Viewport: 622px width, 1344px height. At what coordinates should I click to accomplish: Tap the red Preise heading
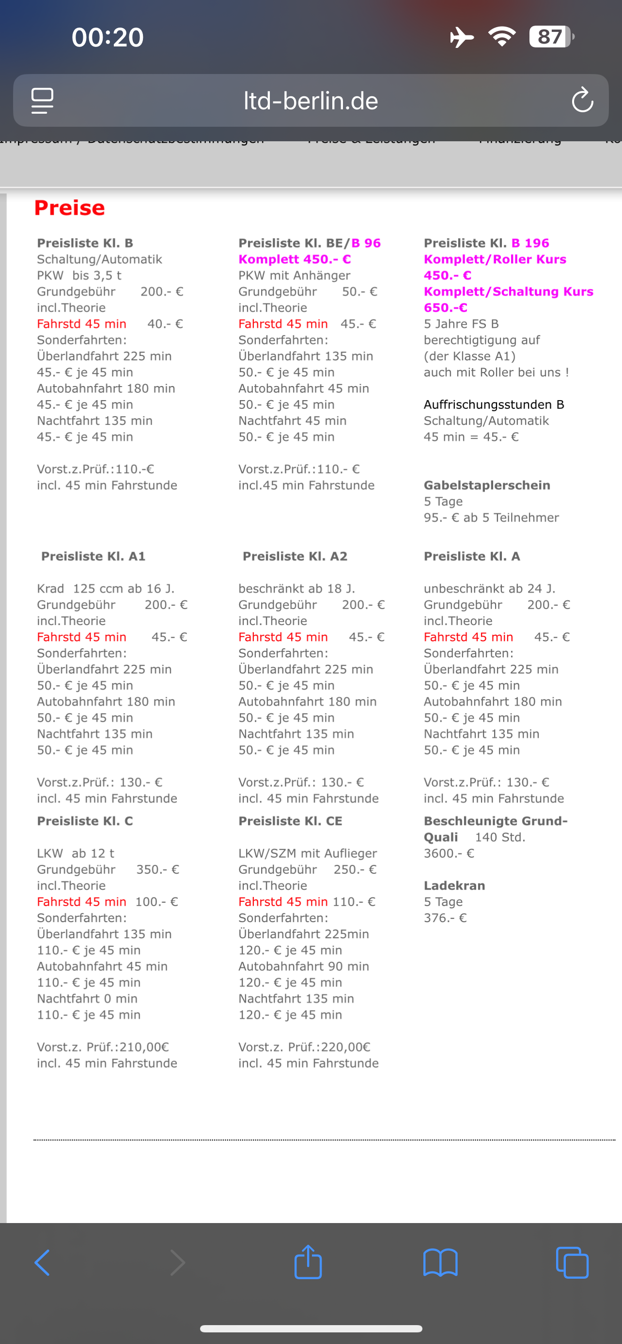69,208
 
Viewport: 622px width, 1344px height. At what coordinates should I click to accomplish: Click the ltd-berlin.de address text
311,101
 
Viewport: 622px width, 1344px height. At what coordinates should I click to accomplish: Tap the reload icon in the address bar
582,100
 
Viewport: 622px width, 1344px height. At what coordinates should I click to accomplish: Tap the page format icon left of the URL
42,100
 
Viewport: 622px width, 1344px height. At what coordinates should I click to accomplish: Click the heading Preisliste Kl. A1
93,556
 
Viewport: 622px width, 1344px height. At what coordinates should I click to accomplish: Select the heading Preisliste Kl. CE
290,821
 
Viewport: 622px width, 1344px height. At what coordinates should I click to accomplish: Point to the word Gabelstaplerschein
487,485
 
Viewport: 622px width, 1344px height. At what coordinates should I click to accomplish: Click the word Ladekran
454,885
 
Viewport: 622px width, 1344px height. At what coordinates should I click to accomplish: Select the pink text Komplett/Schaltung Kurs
508,291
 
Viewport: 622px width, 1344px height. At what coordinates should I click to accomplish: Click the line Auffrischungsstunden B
494,404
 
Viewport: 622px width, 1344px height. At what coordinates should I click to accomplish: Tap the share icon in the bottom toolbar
308,1263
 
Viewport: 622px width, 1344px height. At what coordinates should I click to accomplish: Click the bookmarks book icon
440,1263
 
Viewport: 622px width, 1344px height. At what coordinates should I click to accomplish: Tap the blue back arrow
42,1263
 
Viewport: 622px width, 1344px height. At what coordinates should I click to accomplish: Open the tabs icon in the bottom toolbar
572,1263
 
